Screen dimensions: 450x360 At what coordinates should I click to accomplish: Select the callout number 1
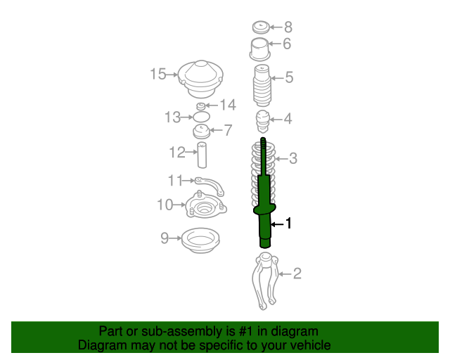click(288, 224)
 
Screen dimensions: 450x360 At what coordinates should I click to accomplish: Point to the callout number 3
click(292, 158)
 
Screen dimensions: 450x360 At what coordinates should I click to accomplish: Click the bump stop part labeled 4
click(263, 122)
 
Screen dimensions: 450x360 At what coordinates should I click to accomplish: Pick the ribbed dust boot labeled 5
click(262, 86)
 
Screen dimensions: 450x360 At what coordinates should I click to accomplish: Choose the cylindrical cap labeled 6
click(260, 49)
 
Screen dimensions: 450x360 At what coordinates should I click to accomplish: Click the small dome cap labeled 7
click(202, 131)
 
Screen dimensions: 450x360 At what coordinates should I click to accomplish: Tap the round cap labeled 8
click(261, 27)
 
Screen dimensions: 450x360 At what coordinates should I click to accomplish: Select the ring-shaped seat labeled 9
click(200, 240)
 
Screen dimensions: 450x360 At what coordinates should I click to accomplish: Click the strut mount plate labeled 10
click(206, 205)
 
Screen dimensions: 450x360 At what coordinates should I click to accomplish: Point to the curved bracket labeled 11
click(210, 185)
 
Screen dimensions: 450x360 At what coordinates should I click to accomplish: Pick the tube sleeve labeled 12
click(202, 155)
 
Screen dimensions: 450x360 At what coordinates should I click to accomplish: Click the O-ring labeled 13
click(202, 117)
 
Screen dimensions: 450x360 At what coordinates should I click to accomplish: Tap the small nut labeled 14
click(201, 106)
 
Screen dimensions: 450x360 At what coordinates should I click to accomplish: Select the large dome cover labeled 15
click(200, 79)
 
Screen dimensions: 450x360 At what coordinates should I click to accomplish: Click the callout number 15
click(158, 74)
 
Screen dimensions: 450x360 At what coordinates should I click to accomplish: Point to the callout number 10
click(165, 205)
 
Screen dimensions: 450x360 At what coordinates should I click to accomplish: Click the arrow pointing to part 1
click(276, 224)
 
